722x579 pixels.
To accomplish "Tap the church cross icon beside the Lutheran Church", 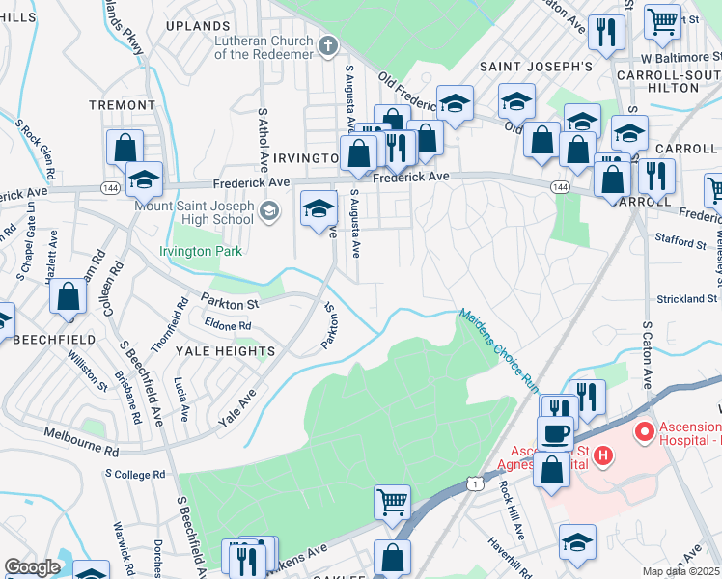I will [x=328, y=45].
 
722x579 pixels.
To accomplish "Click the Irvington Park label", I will [x=201, y=251].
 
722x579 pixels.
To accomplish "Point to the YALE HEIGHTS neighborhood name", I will [x=224, y=351].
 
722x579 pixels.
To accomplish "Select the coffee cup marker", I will [x=555, y=433].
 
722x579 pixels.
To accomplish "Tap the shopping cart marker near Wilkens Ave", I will [x=393, y=501].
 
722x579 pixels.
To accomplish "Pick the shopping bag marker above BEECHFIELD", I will [x=69, y=298].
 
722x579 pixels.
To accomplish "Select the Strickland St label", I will [x=686, y=299].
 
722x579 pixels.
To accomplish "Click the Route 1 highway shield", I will [x=473, y=481].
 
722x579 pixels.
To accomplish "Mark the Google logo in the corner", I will [x=32, y=567].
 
